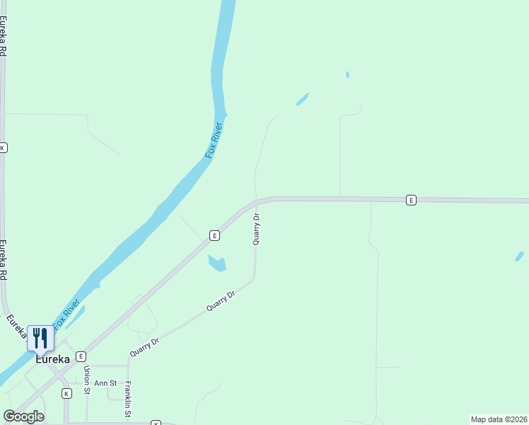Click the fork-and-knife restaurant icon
point(40,338)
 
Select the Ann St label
point(105,383)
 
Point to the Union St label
point(87,380)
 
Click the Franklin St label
point(128,398)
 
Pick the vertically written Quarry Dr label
point(257,229)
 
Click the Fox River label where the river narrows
point(214,140)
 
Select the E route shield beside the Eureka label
point(81,356)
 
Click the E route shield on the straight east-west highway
point(411,200)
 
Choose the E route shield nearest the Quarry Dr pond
point(214,235)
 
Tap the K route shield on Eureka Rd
point(3,147)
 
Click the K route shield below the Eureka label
point(66,393)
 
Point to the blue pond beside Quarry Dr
point(216,263)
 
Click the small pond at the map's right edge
point(520,256)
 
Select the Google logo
point(23,416)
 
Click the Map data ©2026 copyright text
point(499,419)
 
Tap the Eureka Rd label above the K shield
point(4,35)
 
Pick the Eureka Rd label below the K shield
point(3,261)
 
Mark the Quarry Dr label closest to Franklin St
point(145,346)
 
